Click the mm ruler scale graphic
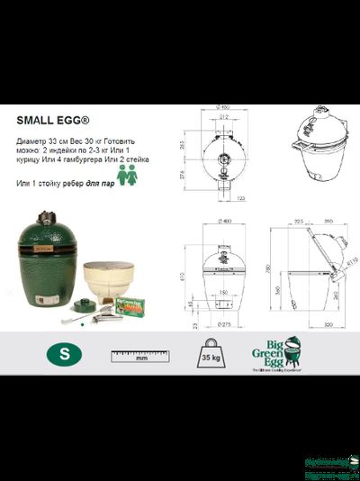pyautogui.click(x=141, y=353)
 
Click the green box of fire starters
pyautogui.click(x=132, y=307)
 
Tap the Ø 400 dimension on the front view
pyautogui.click(x=220, y=222)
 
